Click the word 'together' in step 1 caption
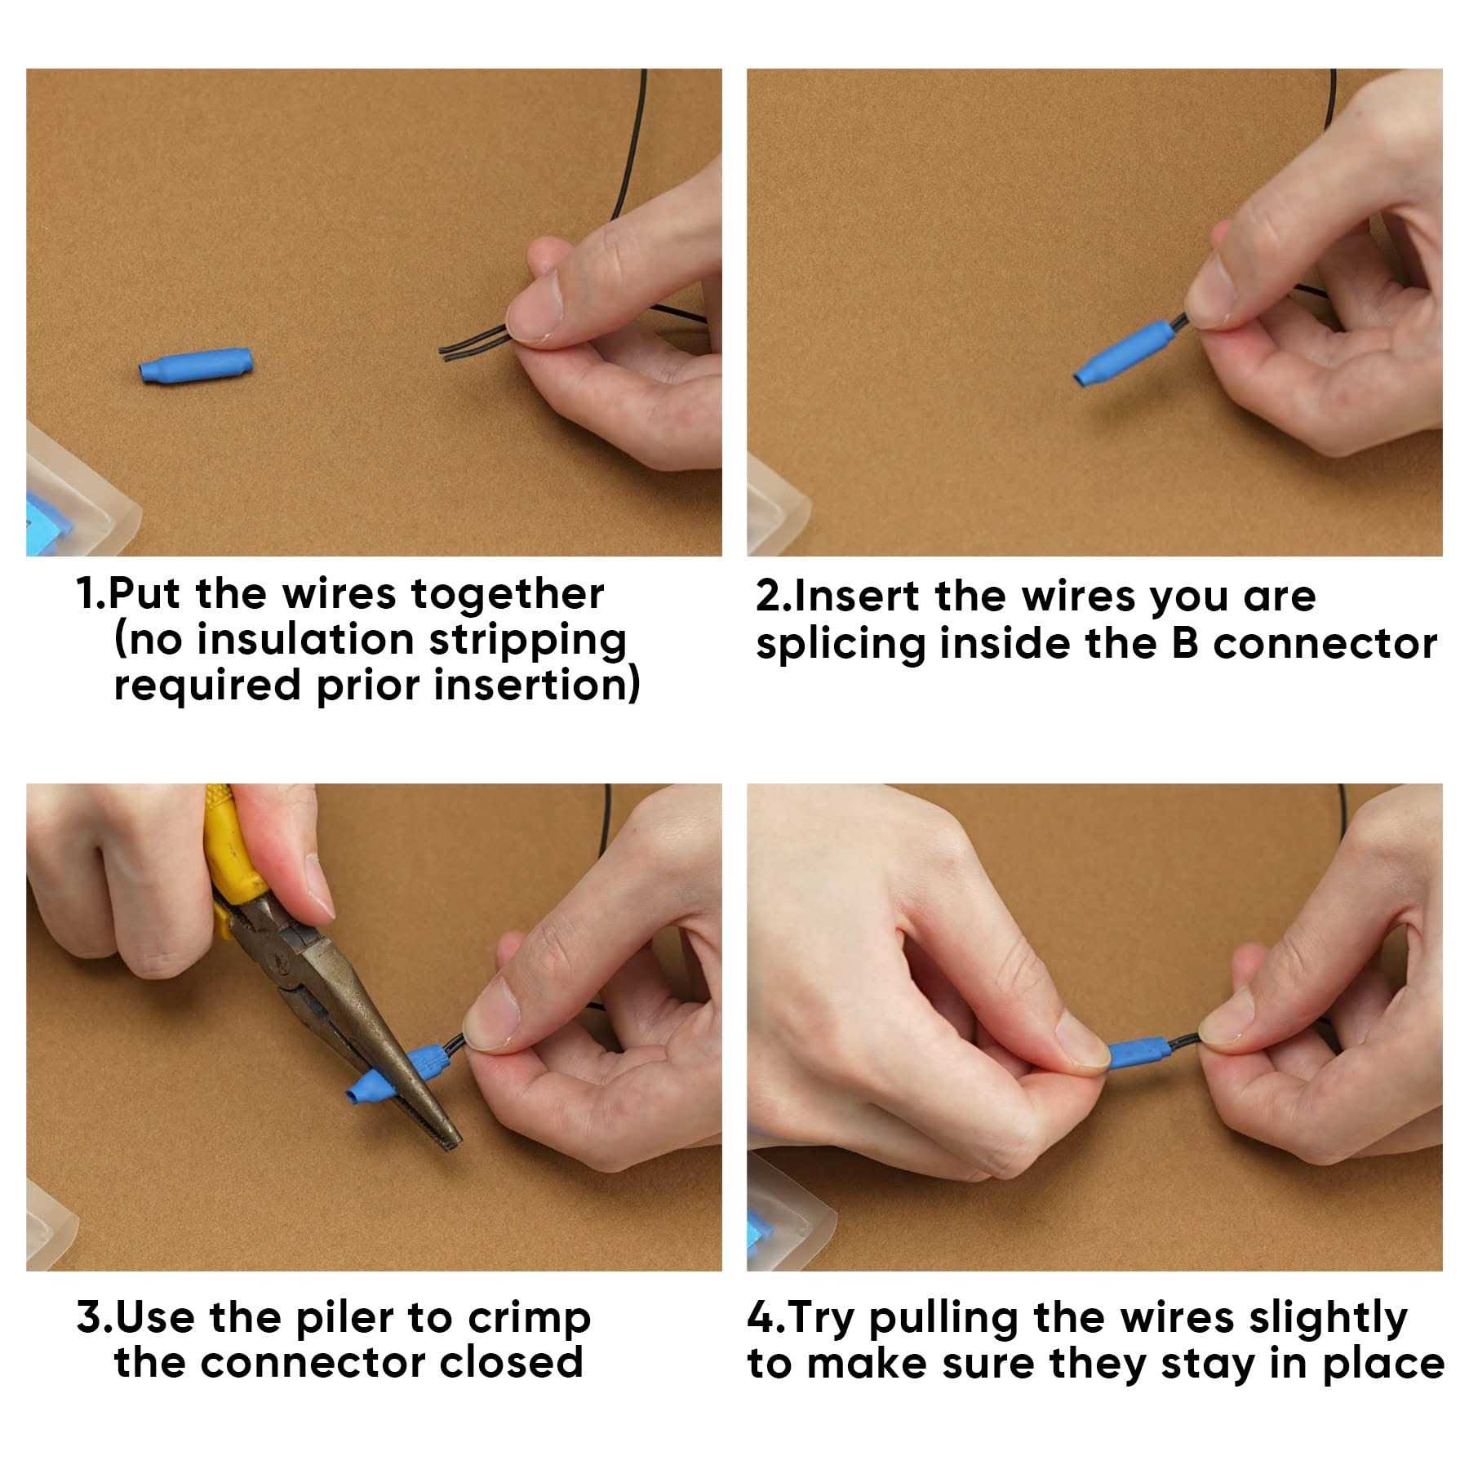(x=507, y=594)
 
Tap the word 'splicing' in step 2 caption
(x=840, y=645)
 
